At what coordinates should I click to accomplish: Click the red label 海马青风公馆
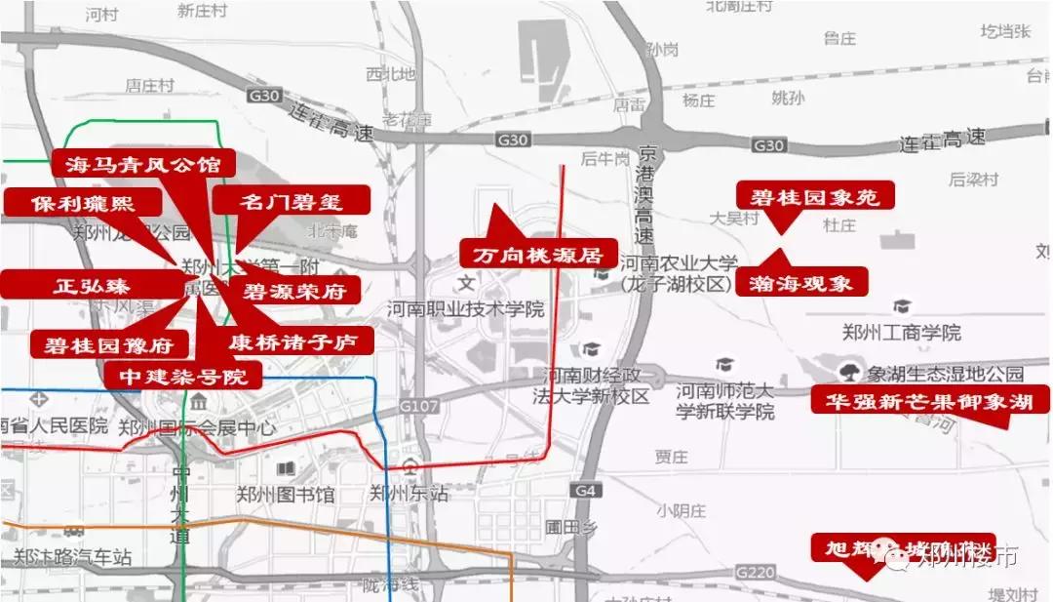(x=143, y=163)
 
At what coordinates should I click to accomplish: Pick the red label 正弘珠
(x=92, y=286)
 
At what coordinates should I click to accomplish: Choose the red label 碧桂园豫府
(x=108, y=344)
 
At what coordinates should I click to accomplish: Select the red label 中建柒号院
(x=183, y=376)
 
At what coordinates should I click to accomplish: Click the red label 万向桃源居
(x=538, y=255)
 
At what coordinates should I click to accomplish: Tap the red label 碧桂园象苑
(x=815, y=196)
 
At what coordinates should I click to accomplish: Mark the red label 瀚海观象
(x=802, y=283)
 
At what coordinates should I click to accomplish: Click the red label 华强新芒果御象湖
(x=930, y=400)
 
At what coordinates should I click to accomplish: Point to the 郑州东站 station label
(x=409, y=494)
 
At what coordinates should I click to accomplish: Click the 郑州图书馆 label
(x=285, y=495)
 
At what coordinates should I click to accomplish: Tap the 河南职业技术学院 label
(x=465, y=309)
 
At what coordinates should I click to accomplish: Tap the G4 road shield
(x=584, y=490)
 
